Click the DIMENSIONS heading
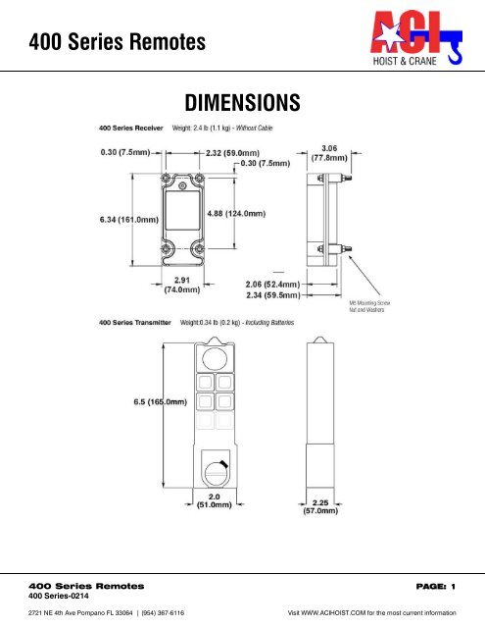(242, 103)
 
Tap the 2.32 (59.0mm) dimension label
(240, 153)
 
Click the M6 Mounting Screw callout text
(376, 306)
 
